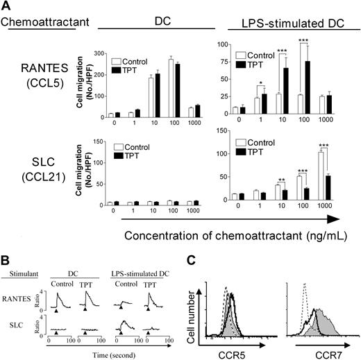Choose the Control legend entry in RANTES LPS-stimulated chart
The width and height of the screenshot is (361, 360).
[x=261, y=55]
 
